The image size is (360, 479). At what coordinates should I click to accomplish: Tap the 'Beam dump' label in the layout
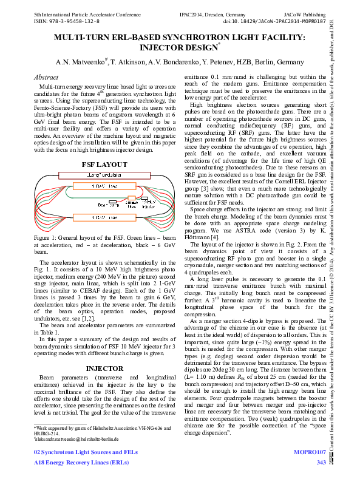pyautogui.click(x=109, y=205)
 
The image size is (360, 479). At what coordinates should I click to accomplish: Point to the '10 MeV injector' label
pyautogui.click(x=150, y=204)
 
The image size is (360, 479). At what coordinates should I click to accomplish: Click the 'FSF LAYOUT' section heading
pyautogui.click(x=104, y=165)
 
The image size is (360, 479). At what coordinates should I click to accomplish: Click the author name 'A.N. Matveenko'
pyautogui.click(x=81, y=62)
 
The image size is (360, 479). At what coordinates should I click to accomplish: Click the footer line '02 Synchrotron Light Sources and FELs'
pyautogui.click(x=86, y=453)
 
